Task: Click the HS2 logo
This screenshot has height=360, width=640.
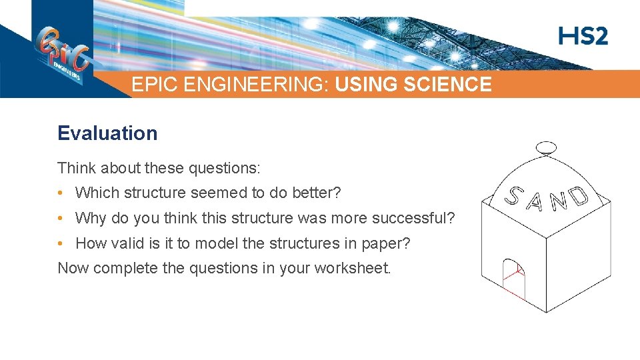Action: click(583, 36)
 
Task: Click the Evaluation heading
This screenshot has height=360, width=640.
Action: click(107, 133)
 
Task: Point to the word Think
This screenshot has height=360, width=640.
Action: click(75, 167)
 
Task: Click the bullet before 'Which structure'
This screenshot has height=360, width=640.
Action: click(61, 193)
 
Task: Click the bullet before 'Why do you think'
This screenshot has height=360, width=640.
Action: click(61, 218)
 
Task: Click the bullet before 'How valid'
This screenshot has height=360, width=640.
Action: click(61, 243)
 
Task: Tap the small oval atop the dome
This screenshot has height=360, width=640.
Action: click(546, 147)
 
